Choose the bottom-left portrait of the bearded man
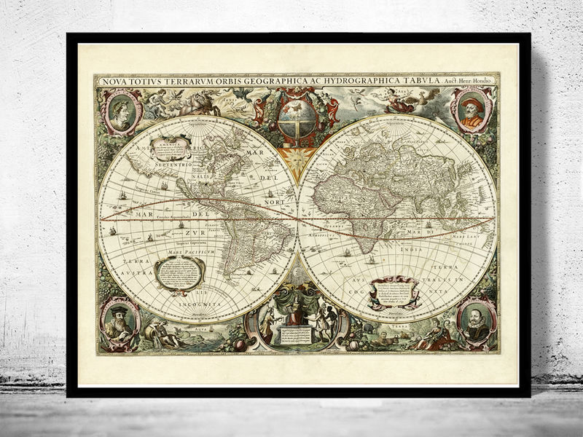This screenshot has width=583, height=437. click(x=118, y=323)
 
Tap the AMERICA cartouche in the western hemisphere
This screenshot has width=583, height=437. click(x=170, y=147)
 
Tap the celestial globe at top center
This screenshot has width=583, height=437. click(x=297, y=116)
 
